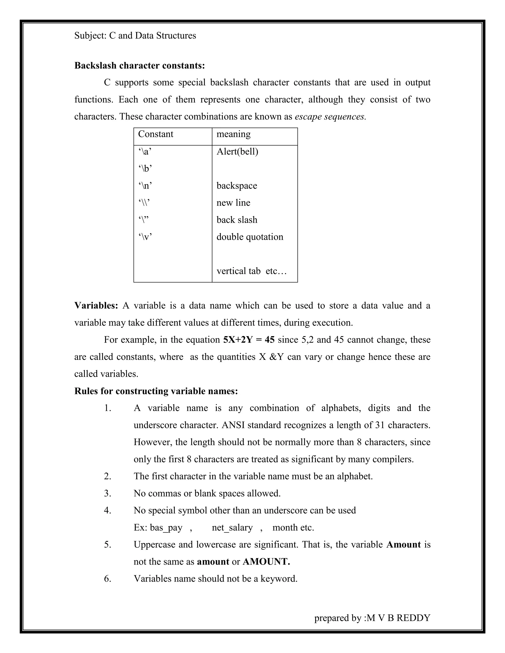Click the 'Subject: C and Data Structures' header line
pos(135,35)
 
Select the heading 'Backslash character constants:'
pos(139,66)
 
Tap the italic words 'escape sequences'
pos(330,117)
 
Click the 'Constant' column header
pos(156,134)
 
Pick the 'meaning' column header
pos(233,134)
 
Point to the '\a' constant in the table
pos(145,152)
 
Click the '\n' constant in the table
pos(145,186)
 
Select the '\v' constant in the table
pos(145,237)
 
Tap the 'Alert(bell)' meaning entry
pos(237,152)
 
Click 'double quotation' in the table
pos(250,237)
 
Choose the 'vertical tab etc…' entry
pos(252,271)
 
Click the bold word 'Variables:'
pos(96,306)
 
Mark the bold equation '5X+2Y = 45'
pos(249,340)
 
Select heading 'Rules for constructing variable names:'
pos(156,391)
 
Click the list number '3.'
pos(108,493)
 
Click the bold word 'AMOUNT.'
pos(266,562)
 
